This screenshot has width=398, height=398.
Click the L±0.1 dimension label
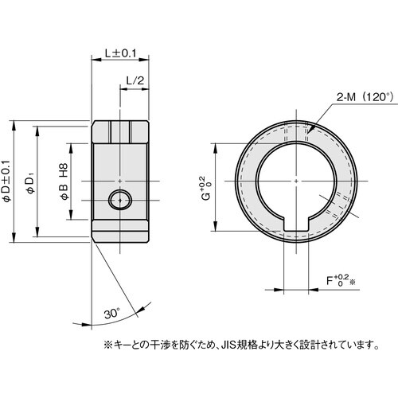tap(121, 53)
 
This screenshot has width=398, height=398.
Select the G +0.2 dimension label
tap(204, 188)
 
